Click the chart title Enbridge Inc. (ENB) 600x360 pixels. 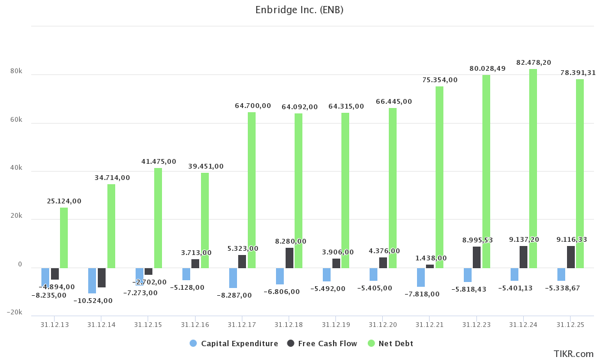[299, 10]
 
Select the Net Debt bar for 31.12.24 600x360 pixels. [533, 168]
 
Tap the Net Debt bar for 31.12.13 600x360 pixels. [64, 238]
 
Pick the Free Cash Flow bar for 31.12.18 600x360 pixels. [289, 258]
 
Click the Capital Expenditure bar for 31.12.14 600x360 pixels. [92, 281]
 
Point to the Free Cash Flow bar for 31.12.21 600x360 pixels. [430, 266]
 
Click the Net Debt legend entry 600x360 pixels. [390, 344]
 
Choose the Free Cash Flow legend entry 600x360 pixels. [322, 344]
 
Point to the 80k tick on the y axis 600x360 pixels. [16, 72]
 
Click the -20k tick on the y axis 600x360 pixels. [15, 313]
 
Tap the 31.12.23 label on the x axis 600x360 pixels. [474, 325]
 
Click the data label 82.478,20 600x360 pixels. [533, 62]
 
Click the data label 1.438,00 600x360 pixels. [431, 258]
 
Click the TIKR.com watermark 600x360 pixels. [574, 354]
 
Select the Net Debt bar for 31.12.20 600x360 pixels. [392, 188]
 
